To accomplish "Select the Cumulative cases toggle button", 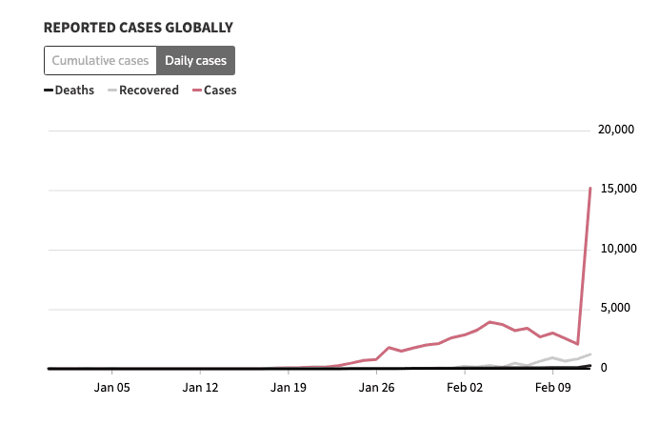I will pos(100,60).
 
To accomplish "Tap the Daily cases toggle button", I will pos(195,60).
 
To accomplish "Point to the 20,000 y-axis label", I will pos(615,131).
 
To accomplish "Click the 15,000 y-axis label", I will pos(615,190).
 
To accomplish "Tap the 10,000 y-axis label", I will pos(615,250).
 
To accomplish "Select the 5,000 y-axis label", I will pos(618,309).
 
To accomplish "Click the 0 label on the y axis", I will pos(629,368).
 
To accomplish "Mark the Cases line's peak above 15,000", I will pos(590,188).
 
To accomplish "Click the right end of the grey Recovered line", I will pos(590,354).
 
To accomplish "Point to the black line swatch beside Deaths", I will pos(49,91).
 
